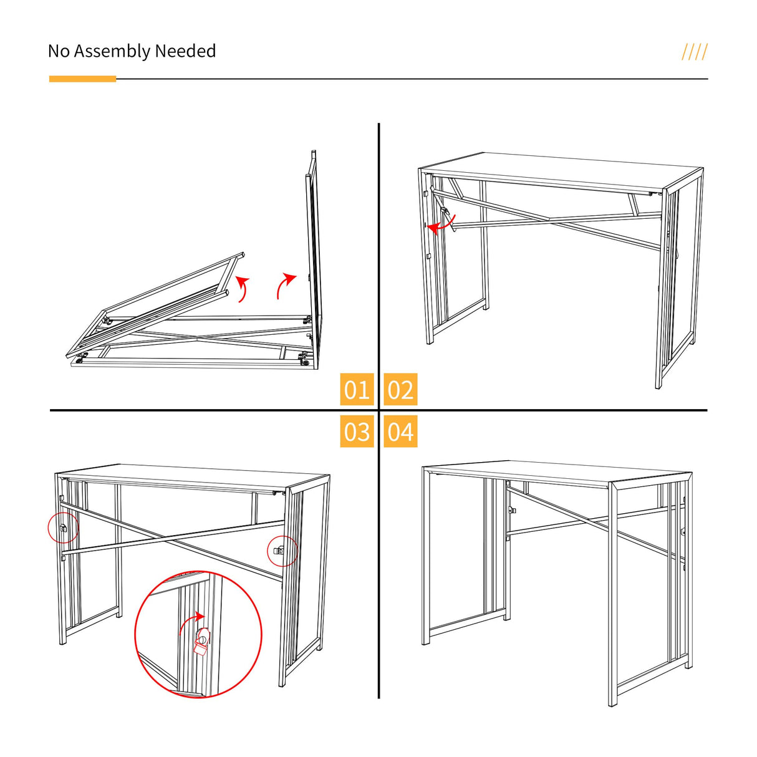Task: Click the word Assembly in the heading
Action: [x=112, y=52]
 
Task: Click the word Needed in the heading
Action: [x=185, y=51]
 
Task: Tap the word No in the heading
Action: [x=59, y=51]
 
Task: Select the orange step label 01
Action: [x=357, y=389]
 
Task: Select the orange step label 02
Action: [x=400, y=389]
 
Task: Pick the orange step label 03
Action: [x=357, y=432]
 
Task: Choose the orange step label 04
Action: [x=400, y=432]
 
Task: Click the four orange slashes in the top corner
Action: [x=695, y=52]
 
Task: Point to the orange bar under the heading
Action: [x=82, y=79]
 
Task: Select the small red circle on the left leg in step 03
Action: [x=63, y=528]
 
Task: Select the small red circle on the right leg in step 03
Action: [x=282, y=551]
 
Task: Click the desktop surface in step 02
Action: [x=561, y=171]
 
